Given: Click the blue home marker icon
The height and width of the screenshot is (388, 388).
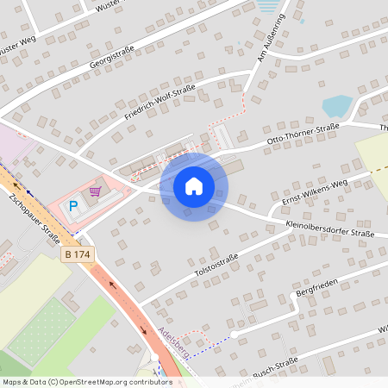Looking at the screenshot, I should click(194, 186).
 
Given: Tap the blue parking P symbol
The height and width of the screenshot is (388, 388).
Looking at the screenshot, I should click(73, 207).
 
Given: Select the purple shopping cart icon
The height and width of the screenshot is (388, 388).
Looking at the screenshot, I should click(96, 191).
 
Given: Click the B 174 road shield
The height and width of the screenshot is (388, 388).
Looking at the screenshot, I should click(77, 255).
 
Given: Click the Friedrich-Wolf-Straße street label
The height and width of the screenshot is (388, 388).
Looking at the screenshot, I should click(160, 102).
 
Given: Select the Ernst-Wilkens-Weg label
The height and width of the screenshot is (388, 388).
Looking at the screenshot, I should click(312, 194).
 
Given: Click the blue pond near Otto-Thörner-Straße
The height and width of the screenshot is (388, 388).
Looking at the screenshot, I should click(337, 107).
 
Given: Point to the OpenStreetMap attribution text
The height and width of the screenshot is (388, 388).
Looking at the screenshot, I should click(86, 381).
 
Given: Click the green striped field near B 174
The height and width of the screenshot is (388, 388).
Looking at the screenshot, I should click(39, 328).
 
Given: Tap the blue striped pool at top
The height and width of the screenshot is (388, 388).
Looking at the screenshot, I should click(271, 6).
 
